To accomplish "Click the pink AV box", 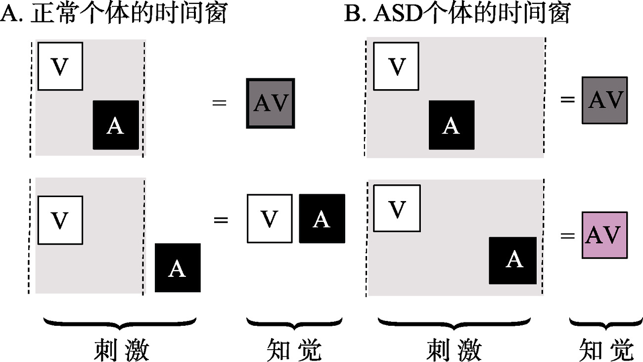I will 605,235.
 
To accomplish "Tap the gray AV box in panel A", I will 270,103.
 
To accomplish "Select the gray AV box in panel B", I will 605,100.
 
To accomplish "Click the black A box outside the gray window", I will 178,267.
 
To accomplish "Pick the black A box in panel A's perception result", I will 321,218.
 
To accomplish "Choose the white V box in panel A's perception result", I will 269,218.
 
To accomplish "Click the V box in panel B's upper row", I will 396,66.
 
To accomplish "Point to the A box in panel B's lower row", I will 513,260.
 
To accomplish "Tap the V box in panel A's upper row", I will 60,66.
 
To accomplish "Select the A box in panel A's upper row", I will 116,125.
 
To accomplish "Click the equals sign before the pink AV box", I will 568,235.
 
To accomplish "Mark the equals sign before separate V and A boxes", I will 221,219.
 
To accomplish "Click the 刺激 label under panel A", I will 121,351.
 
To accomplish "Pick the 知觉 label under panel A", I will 294,351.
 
